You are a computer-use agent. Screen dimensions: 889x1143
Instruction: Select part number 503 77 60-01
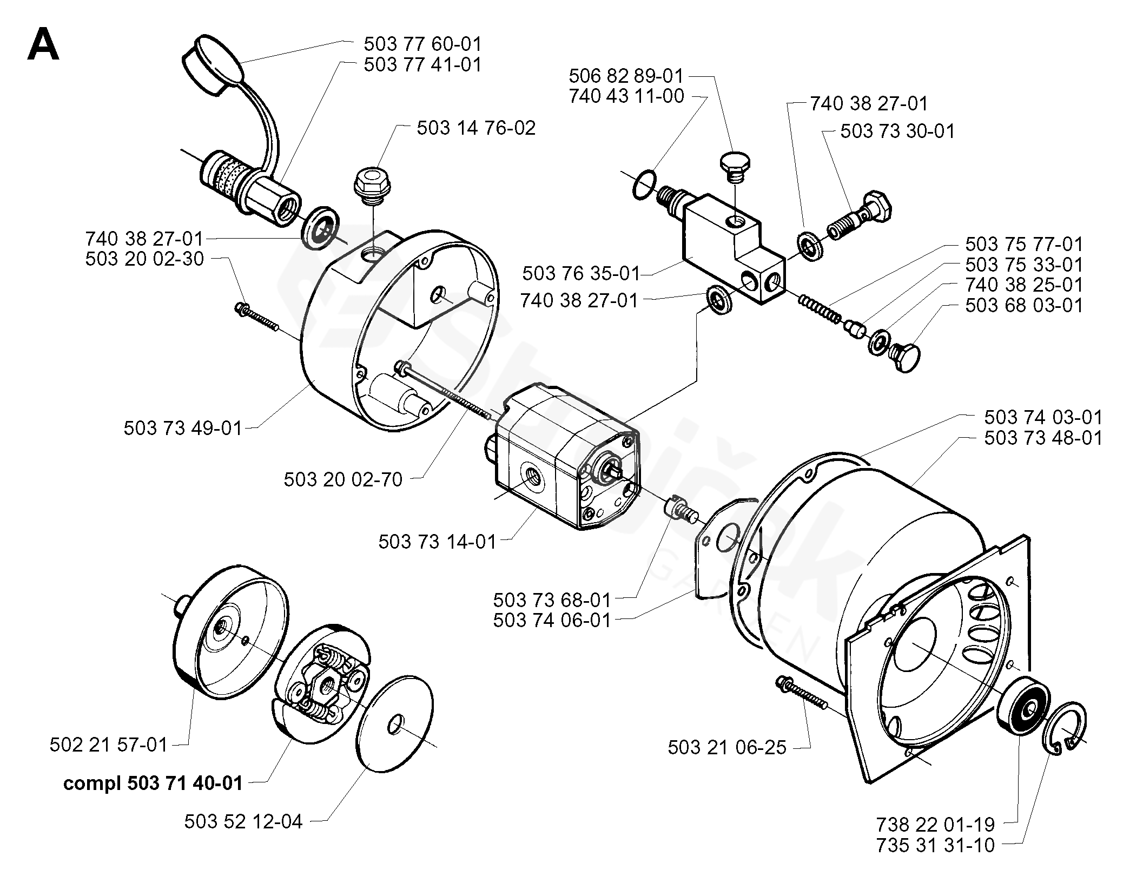point(422,43)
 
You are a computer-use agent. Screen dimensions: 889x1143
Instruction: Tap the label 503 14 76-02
point(476,128)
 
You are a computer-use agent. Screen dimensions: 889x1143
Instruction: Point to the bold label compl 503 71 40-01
point(153,783)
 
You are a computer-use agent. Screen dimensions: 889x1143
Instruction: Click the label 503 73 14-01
point(437,542)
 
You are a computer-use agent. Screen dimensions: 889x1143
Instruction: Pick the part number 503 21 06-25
point(727,748)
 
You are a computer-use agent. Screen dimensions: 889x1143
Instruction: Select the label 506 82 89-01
point(626,76)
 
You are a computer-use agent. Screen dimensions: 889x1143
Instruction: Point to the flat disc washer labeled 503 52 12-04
point(395,722)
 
